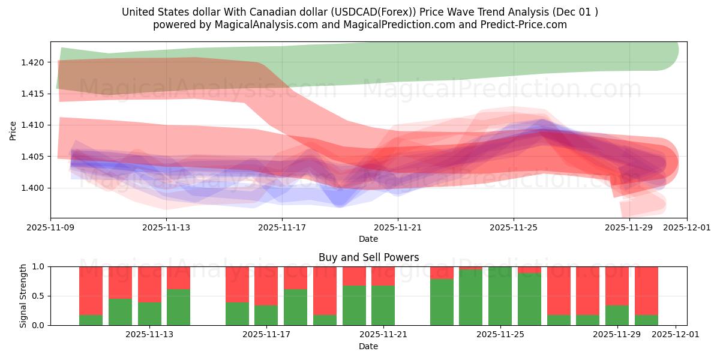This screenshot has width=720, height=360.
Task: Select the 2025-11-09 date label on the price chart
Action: coord(50,228)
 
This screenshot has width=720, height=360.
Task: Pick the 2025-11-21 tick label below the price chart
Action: coord(397,228)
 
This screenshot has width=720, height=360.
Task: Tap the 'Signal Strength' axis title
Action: coord(23,296)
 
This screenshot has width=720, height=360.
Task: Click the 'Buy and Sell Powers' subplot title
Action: coord(368,257)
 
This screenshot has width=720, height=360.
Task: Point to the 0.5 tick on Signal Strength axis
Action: coord(40,296)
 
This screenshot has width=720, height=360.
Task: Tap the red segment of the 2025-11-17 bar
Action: coord(266,286)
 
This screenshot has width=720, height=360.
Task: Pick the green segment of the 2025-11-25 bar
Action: coord(500,297)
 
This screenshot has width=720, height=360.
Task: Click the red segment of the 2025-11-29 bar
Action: coord(617,286)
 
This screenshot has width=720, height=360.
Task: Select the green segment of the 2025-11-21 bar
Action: coord(383,305)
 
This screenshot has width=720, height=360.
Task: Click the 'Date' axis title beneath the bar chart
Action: coord(368,346)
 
